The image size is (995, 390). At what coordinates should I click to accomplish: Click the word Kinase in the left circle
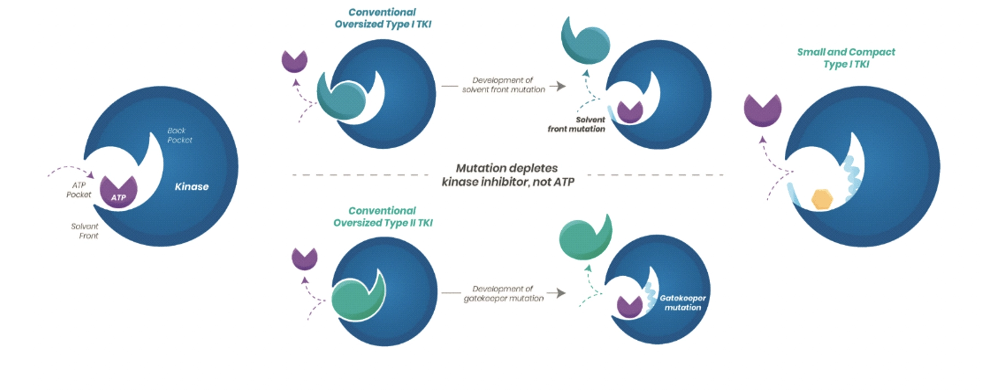pos(191,186)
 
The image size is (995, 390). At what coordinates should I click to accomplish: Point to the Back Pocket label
pos(179,136)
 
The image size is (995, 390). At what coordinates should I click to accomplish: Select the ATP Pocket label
pos(79,190)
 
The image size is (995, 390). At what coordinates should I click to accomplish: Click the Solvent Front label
pos(85,231)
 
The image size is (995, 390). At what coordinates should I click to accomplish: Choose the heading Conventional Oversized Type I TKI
pos(383,18)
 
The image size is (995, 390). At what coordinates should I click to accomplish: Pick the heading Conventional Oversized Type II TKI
pos(383,217)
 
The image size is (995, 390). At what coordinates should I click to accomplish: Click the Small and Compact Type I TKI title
pos(846,58)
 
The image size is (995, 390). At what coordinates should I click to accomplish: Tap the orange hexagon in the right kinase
pos(822,199)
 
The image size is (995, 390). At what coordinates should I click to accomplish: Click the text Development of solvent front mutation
pos(503,85)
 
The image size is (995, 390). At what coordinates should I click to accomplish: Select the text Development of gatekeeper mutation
pos(503,293)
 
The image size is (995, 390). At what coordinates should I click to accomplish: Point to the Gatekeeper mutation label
pos(683,303)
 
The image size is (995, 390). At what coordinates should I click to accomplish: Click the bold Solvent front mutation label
pos(577,124)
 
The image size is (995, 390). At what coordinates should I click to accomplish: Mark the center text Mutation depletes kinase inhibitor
pos(508,175)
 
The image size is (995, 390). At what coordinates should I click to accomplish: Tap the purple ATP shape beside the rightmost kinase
pos(762,110)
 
